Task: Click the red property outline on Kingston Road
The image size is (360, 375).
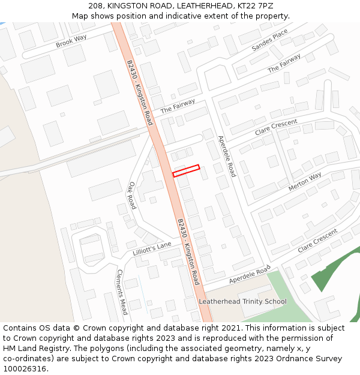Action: click(186, 170)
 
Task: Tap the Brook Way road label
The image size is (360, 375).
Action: click(71, 41)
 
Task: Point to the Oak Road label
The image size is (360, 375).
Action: click(132, 196)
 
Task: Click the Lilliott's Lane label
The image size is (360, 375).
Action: click(152, 248)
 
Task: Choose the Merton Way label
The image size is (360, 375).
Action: click(305, 181)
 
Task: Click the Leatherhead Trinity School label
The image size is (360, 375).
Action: click(242, 301)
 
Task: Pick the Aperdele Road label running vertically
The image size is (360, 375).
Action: click(227, 156)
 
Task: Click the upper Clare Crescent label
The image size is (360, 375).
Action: click(276, 127)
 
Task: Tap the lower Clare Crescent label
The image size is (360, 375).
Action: click(318, 240)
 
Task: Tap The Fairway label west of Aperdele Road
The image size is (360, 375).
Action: click(178, 106)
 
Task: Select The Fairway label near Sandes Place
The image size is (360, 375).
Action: click(284, 64)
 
